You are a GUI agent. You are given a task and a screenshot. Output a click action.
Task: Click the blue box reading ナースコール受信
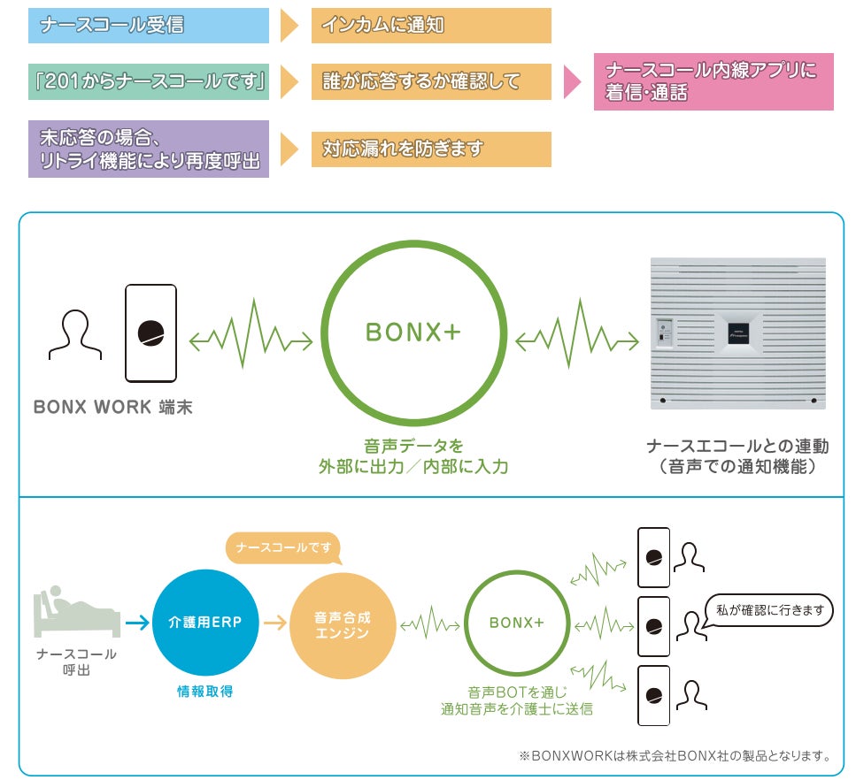click(x=149, y=26)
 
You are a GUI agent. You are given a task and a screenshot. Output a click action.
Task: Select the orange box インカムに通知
click(x=431, y=26)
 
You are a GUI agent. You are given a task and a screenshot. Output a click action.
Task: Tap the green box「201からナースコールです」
click(x=149, y=81)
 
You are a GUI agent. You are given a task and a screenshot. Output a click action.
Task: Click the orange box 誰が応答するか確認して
click(x=431, y=81)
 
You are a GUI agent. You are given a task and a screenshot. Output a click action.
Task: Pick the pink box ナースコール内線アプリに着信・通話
click(x=713, y=82)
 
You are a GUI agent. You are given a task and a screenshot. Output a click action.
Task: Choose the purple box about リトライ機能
click(x=149, y=149)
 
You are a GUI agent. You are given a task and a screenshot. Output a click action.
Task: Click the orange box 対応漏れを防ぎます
click(x=431, y=149)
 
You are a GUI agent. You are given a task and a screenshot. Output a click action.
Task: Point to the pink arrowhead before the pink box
click(x=572, y=82)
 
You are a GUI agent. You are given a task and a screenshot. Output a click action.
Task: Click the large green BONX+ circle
click(x=413, y=333)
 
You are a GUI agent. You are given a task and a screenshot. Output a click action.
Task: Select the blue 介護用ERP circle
click(x=204, y=623)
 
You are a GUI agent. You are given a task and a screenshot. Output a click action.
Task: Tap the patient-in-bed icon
click(x=76, y=612)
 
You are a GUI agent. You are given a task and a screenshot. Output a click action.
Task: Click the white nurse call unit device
click(x=737, y=333)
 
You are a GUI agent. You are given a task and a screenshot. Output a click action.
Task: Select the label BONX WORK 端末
click(x=112, y=409)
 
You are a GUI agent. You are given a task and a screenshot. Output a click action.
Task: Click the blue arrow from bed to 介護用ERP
click(x=137, y=623)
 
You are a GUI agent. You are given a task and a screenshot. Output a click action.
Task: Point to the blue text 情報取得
click(x=204, y=692)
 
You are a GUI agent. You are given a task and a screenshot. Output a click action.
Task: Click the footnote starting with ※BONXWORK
click(x=675, y=756)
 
